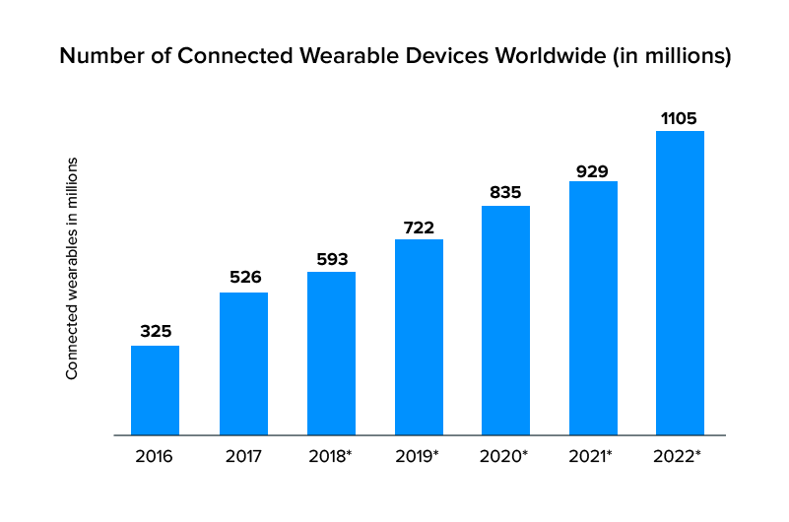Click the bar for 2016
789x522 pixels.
pyautogui.click(x=155, y=390)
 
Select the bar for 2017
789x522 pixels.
pyautogui.click(x=243, y=363)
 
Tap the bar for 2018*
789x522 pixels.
pyautogui.click(x=331, y=353)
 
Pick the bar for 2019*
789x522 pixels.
pyautogui.click(x=419, y=337)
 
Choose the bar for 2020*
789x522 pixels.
pyautogui.click(x=505, y=320)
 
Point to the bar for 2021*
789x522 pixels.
pyautogui.click(x=593, y=307)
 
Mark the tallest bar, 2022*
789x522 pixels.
pyautogui.click(x=680, y=283)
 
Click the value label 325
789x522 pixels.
pyautogui.click(x=156, y=331)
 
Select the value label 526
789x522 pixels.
pyautogui.click(x=243, y=277)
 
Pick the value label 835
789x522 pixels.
pyautogui.click(x=505, y=192)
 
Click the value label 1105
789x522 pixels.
pyautogui.click(x=680, y=118)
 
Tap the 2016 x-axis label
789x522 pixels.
pyautogui.click(x=155, y=456)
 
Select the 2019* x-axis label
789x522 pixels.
pyautogui.click(x=420, y=456)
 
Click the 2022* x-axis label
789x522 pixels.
pyautogui.click(x=681, y=456)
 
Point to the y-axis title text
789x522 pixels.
pyautogui.click(x=72, y=268)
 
